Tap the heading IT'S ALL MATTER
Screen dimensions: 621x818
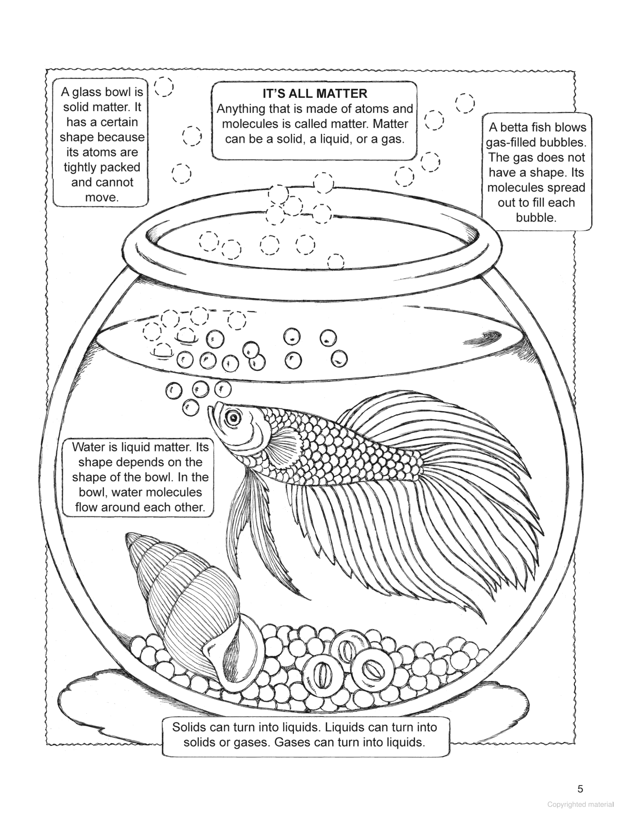click(x=314, y=94)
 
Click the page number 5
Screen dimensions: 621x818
click(x=581, y=789)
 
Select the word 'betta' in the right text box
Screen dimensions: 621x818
click(x=530, y=128)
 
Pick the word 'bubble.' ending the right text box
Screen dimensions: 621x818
click(x=536, y=218)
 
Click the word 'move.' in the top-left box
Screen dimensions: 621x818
click(x=101, y=197)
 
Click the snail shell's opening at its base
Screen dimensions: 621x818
click(x=223, y=652)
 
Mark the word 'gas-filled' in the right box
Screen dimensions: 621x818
click(x=515, y=143)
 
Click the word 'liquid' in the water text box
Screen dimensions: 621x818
click(x=127, y=447)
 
